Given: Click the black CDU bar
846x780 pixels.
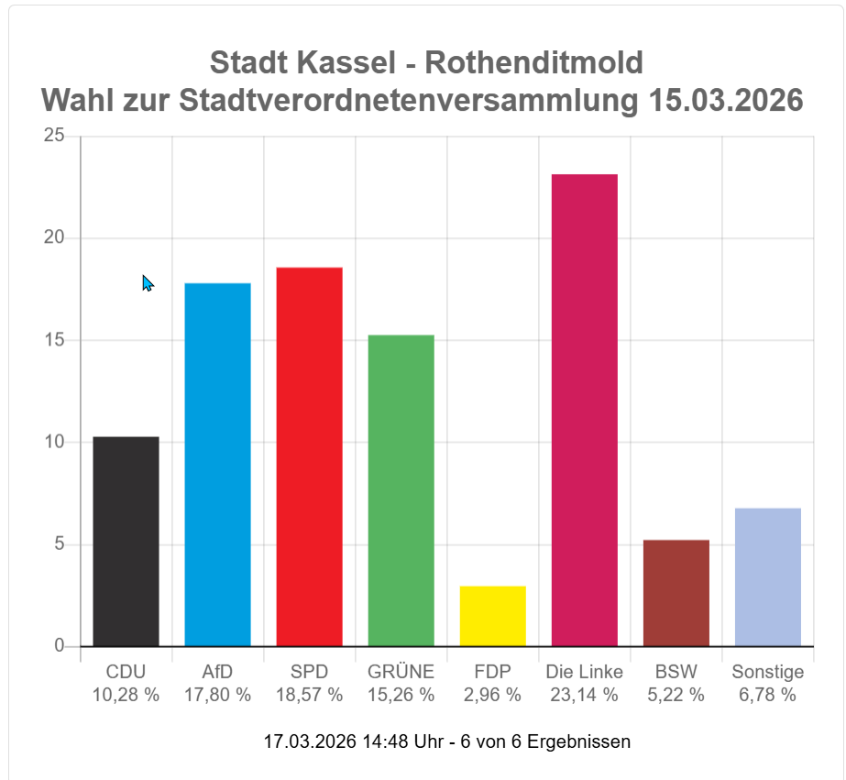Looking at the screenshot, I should (x=126, y=541).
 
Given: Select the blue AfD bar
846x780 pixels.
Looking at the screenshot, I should (x=217, y=465).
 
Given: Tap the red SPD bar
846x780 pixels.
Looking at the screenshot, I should (x=309, y=456).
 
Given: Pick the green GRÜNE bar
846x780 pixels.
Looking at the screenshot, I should (x=401, y=490).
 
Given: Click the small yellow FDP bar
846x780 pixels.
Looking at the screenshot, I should (x=492, y=616).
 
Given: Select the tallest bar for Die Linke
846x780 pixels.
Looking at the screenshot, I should (x=584, y=410).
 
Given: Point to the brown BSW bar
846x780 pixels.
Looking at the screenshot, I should (x=676, y=593).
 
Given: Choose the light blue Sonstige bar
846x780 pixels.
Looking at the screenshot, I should (x=767, y=577).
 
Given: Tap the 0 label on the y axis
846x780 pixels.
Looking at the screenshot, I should (x=60, y=646).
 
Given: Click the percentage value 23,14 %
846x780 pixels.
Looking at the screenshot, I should (x=584, y=695).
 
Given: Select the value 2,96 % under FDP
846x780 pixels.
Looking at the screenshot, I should (x=492, y=695).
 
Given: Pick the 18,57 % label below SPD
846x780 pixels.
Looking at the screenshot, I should (x=309, y=695).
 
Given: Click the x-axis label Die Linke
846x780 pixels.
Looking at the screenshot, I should (x=584, y=672).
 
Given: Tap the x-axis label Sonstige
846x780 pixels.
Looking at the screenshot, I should (x=767, y=672).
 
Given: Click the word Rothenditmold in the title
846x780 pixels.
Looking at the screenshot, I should (x=534, y=62).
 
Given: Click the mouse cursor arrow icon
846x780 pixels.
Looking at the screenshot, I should (x=147, y=282).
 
